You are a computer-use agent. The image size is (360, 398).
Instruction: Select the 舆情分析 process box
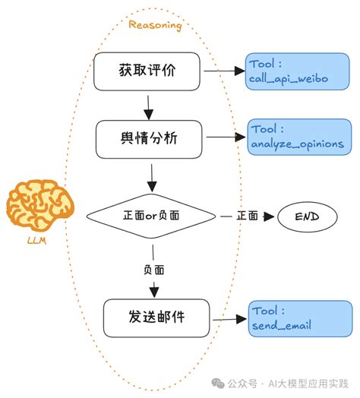point(152,138)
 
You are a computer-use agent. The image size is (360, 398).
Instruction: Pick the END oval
point(297,217)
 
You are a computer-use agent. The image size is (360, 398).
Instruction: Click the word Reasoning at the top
point(155,25)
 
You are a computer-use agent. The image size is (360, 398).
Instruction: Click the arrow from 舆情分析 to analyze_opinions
point(226,137)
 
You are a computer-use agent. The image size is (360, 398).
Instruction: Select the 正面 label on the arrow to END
point(246,216)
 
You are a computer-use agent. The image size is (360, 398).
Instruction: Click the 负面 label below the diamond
point(154,269)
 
